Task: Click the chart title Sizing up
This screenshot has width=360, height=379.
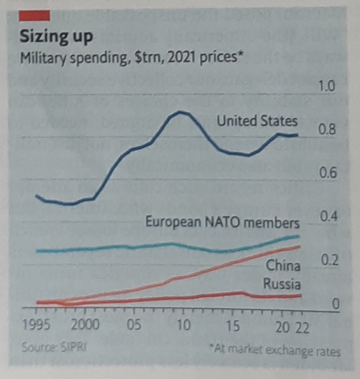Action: (56, 37)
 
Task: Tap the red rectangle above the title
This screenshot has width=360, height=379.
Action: (34, 16)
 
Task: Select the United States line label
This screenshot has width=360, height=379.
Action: (257, 121)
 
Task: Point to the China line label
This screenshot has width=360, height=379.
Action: (283, 266)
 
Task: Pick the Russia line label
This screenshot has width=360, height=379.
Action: (281, 284)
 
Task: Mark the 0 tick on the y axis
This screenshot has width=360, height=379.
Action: (336, 304)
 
